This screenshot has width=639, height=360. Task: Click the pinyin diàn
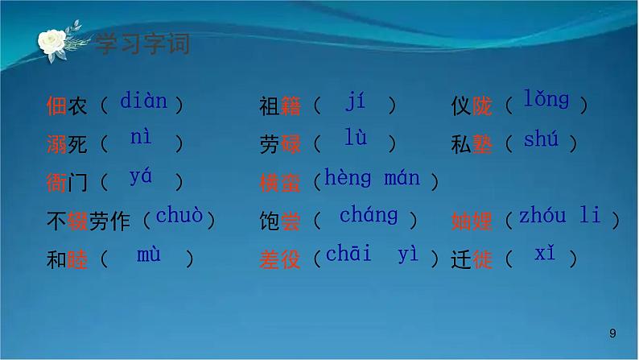143,101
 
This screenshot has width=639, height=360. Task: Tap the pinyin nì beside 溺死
140,138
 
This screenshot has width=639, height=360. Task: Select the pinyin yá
140,176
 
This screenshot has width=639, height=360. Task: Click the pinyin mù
148,255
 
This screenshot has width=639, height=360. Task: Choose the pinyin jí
355,101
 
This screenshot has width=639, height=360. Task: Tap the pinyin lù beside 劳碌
355,138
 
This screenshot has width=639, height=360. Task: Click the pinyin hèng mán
372,178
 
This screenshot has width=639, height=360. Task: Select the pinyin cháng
368,216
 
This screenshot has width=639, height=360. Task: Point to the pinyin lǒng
546,100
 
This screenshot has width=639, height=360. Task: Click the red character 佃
56,106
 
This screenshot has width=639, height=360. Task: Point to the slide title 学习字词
142,43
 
